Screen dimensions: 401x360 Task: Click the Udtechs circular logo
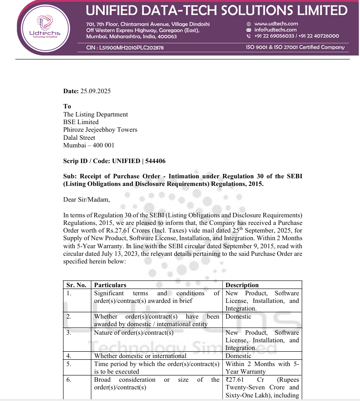click(44, 26)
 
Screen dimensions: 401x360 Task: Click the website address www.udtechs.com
click(276, 24)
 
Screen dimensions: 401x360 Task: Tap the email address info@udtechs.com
click(275, 30)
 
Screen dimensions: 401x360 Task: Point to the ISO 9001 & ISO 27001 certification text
click(295, 47)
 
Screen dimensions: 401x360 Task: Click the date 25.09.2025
click(95, 91)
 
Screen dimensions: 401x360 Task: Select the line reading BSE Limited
click(81, 122)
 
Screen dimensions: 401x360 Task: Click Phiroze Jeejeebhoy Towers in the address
click(100, 130)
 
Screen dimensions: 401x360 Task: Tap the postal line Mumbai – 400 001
click(89, 146)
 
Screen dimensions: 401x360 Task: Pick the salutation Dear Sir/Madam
click(87, 200)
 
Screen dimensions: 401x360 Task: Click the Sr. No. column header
click(76, 285)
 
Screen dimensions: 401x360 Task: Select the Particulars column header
click(110, 285)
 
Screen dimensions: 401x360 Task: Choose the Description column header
click(242, 285)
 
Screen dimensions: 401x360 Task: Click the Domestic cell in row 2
click(239, 317)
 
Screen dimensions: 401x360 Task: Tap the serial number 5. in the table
click(69, 364)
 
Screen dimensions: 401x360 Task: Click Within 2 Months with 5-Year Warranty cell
click(262, 368)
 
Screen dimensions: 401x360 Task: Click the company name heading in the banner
click(217, 10)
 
